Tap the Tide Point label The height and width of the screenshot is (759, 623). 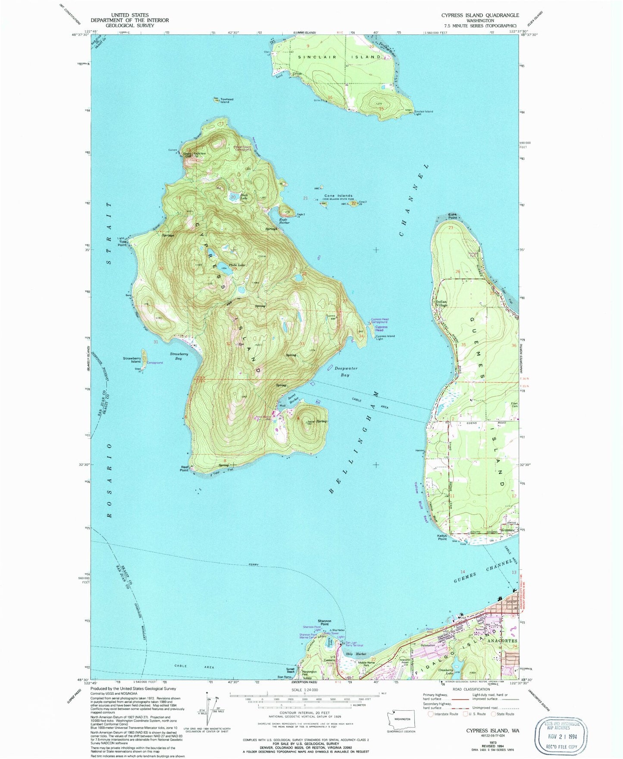[122, 243]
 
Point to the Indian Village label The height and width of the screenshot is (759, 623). [442, 303]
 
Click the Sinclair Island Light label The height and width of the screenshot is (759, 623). [423, 113]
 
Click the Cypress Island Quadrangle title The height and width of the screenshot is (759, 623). [480, 15]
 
